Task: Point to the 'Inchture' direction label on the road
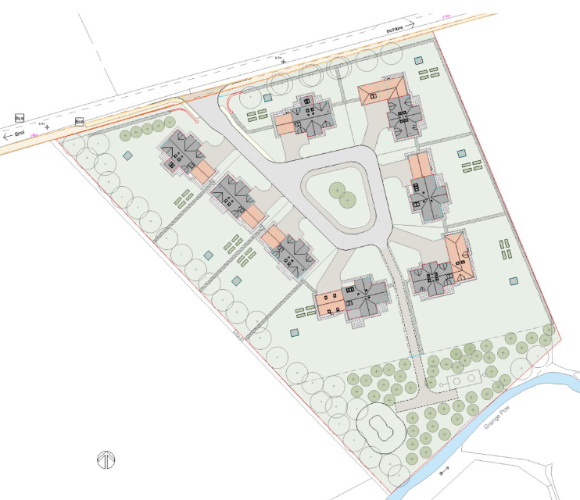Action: [x=397, y=28]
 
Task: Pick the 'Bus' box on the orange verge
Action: [x=79, y=122]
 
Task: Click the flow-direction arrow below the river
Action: [x=444, y=471]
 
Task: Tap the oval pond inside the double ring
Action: [x=381, y=428]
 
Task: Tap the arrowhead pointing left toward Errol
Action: [x=6, y=136]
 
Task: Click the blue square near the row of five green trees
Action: [x=127, y=155]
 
